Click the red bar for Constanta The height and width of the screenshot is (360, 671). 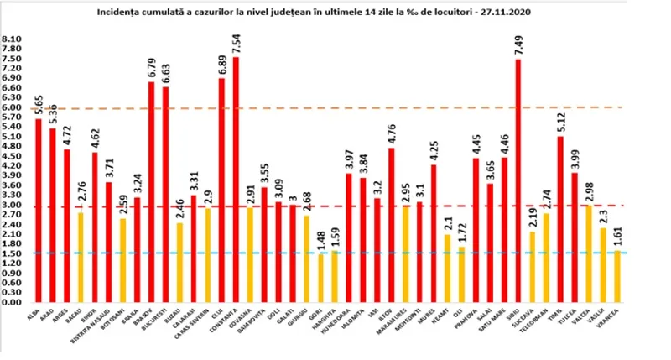tap(236, 180)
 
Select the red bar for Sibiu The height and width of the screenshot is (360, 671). tap(518, 180)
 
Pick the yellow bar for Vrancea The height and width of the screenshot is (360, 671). tap(618, 276)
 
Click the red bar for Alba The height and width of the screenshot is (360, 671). tap(39, 211)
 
